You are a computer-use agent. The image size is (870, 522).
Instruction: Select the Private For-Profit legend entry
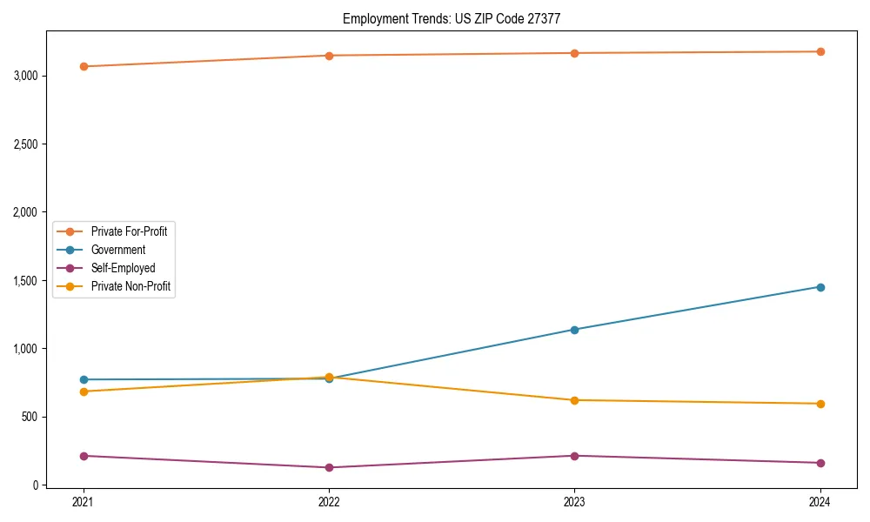pyautogui.click(x=129, y=231)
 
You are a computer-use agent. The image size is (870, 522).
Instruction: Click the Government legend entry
pyautogui.click(x=117, y=250)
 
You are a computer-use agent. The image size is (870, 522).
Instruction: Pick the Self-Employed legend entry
pyautogui.click(x=123, y=268)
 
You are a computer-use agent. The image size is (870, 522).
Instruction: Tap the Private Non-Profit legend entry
pyautogui.click(x=130, y=287)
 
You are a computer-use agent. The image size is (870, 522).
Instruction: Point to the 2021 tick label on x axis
pyautogui.click(x=84, y=502)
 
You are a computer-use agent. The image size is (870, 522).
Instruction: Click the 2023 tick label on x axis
pyautogui.click(x=574, y=502)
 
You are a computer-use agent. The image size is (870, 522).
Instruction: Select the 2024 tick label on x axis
pyautogui.click(x=820, y=502)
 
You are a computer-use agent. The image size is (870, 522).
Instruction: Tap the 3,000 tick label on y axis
pyautogui.click(x=26, y=76)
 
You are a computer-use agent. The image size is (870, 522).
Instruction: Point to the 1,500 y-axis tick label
pyautogui.click(x=26, y=281)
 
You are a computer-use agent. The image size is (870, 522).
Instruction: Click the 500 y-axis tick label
pyautogui.click(x=32, y=417)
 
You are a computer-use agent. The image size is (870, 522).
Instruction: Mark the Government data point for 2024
pyautogui.click(x=820, y=287)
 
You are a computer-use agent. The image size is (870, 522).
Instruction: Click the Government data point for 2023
pyautogui.click(x=574, y=330)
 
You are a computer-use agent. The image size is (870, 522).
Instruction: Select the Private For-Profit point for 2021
pyautogui.click(x=84, y=66)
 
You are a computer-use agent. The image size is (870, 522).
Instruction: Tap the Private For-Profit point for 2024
pyautogui.click(x=820, y=51)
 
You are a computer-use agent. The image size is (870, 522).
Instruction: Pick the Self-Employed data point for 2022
pyautogui.click(x=329, y=467)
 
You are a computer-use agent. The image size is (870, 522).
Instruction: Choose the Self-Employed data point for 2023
pyautogui.click(x=574, y=456)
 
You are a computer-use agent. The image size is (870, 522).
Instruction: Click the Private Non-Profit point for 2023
pyautogui.click(x=574, y=400)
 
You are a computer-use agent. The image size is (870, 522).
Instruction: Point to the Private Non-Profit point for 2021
pyautogui.click(x=84, y=391)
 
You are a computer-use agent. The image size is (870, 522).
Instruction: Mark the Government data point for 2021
pyautogui.click(x=84, y=379)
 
